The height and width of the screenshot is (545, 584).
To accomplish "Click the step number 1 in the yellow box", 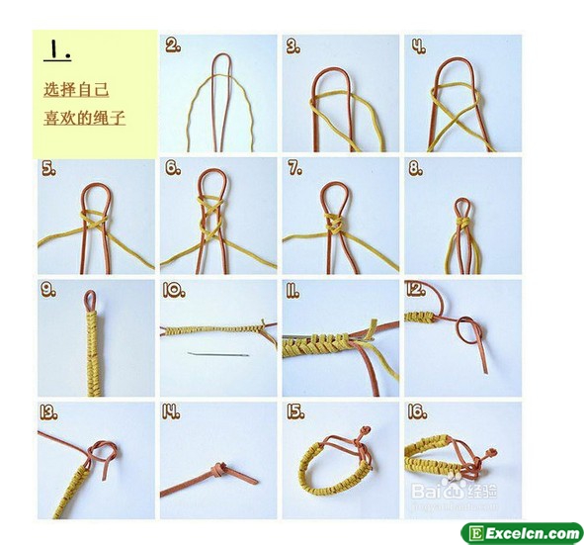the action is (x=57, y=49).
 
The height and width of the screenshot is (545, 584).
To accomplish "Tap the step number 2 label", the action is (x=173, y=45).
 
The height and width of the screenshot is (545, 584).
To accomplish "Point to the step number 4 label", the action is (x=419, y=45).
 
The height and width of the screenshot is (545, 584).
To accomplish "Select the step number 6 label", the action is (x=173, y=168).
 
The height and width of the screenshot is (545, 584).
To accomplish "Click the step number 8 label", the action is (x=416, y=168).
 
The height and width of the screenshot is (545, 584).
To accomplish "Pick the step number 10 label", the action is (x=174, y=290).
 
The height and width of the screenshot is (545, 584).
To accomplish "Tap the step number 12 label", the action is (x=415, y=289).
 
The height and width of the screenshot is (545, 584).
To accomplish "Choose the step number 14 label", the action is (x=171, y=411).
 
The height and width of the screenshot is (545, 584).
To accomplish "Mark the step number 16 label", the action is (x=417, y=411).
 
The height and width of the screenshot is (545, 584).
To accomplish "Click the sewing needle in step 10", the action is (x=218, y=354).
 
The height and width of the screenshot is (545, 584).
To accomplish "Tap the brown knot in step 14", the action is (x=219, y=469).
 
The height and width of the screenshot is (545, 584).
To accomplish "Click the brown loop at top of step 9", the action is (x=90, y=301).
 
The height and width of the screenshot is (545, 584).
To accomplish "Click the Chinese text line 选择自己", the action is (x=76, y=90).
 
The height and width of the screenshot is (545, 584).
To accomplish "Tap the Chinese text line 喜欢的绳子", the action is (x=85, y=118).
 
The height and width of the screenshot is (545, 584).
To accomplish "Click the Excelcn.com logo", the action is (x=522, y=533).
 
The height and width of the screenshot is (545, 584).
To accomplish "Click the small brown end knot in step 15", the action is (x=367, y=431).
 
